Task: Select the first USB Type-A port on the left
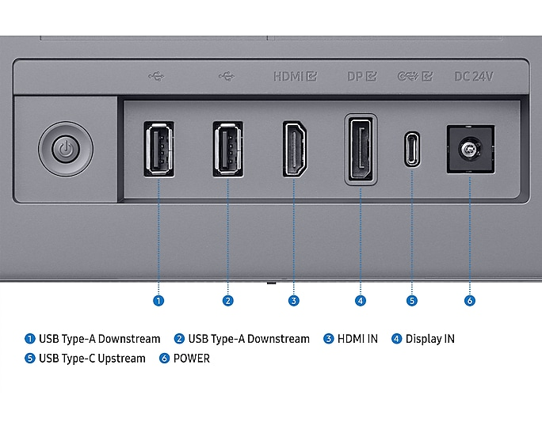[158, 149]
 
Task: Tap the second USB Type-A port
[227, 149]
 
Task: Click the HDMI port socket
[295, 150]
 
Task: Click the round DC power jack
[470, 149]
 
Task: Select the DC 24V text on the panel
[474, 77]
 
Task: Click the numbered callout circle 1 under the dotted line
[158, 301]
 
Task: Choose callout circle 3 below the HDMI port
[294, 301]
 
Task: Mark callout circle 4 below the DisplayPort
[361, 301]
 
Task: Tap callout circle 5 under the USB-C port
[412, 301]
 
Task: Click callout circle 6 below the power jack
[470, 301]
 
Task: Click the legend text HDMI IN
[357, 339]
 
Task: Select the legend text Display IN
[429, 339]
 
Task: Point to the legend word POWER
[192, 359]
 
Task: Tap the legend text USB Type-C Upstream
[92, 359]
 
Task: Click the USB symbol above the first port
[157, 77]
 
